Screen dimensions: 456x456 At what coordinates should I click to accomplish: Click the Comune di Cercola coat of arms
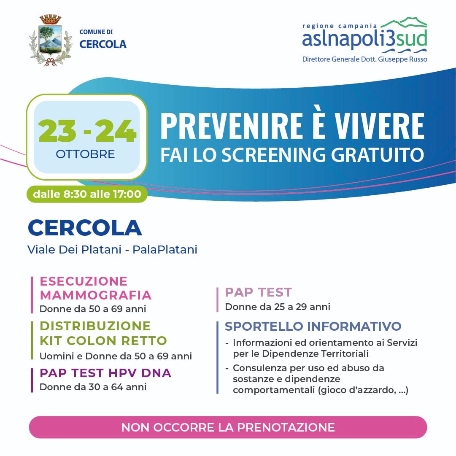coord(50,40)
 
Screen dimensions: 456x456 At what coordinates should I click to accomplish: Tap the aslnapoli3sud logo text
coord(364,39)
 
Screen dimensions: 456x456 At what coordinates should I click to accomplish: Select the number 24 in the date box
coord(115,131)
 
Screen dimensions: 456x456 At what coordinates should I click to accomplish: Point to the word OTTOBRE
coord(85,154)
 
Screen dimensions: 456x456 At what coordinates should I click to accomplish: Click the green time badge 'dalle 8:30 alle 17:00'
coord(87,194)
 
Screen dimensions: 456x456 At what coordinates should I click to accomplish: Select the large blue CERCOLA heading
coord(85,228)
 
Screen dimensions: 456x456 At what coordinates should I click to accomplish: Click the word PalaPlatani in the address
coord(165,250)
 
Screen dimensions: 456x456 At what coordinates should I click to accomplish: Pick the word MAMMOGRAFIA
coord(96,294)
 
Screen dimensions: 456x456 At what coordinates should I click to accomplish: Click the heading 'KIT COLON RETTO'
coord(103,340)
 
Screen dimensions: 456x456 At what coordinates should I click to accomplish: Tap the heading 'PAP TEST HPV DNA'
coord(105,373)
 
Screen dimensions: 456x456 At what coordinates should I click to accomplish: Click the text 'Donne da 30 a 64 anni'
coord(93,387)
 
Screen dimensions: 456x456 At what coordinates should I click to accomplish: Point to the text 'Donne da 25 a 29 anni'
coord(278,307)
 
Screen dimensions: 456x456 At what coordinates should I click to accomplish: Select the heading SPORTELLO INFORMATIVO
coord(313,326)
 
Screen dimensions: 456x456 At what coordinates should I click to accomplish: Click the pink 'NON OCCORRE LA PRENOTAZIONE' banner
coord(228,427)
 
